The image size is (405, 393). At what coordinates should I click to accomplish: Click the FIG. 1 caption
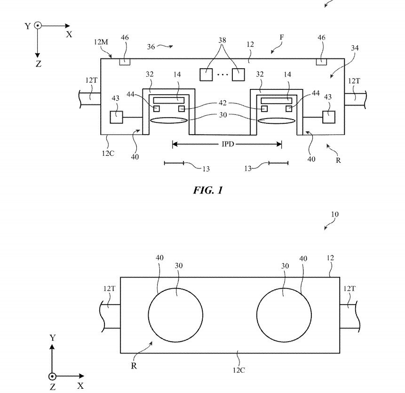(x=207, y=190)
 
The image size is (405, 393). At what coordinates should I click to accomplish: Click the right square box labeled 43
(x=329, y=116)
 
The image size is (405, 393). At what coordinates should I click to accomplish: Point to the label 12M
(x=101, y=42)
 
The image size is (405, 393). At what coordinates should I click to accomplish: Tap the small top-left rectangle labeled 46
(x=124, y=62)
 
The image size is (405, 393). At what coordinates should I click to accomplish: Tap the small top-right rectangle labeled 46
(x=321, y=62)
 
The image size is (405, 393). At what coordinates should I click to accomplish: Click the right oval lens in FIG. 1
(x=276, y=121)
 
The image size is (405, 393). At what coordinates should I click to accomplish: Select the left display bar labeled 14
(x=169, y=100)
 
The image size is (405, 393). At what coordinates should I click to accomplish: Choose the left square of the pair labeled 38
(x=206, y=74)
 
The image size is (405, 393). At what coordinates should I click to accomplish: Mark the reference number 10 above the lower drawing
(x=334, y=215)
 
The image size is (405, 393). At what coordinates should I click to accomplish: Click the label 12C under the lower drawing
(x=238, y=370)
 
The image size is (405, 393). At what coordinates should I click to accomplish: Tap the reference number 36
(x=151, y=46)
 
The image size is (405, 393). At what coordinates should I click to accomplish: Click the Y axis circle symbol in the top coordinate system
(x=38, y=26)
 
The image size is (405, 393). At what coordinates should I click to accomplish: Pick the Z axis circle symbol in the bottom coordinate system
(x=53, y=377)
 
